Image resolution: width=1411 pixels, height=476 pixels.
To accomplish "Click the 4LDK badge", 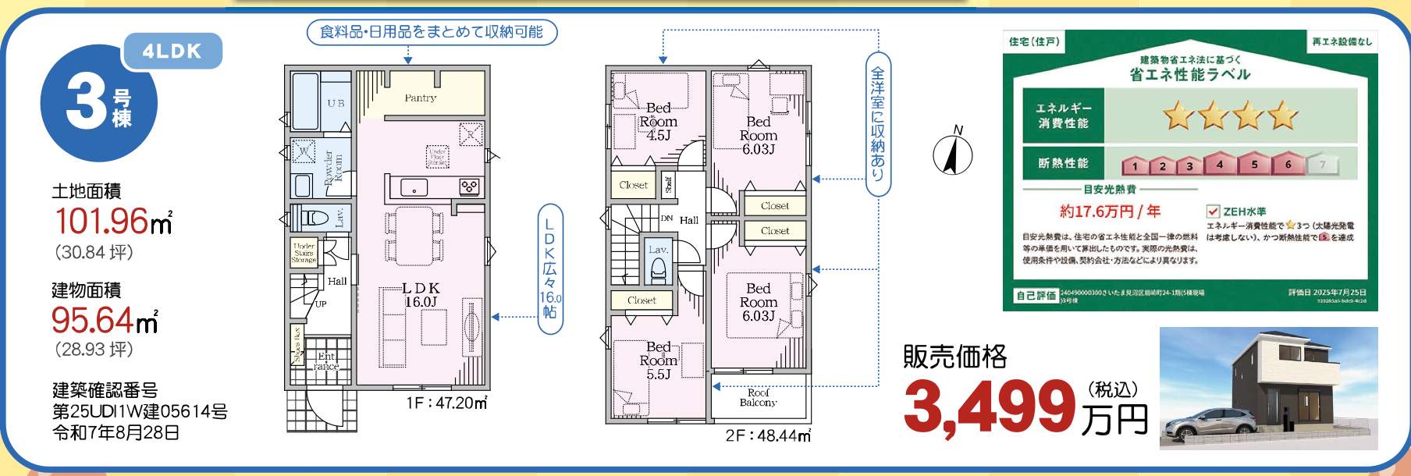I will (172, 52).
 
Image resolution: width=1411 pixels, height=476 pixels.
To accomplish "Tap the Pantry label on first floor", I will (420, 98).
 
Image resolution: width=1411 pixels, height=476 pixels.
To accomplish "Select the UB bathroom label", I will (336, 103).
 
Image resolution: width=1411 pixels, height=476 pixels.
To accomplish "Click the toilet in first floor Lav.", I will (315, 218).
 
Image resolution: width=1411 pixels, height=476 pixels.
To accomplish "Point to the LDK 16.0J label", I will (421, 295).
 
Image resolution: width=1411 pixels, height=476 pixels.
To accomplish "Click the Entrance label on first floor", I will (326, 361).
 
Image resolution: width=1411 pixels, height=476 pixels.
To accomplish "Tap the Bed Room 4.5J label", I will (658, 122).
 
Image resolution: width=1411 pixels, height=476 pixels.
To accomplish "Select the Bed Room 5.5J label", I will (658, 360).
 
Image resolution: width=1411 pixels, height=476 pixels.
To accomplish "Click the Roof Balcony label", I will (758, 398).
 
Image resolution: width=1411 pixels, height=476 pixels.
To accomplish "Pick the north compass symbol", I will (952, 152).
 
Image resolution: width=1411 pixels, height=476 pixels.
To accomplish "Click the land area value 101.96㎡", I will (112, 222).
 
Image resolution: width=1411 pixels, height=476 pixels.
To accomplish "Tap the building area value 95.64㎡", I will (105, 320).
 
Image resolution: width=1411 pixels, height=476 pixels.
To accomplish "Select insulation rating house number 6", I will (1288, 164).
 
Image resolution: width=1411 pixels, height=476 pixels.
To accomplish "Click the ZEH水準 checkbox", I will (1213, 211).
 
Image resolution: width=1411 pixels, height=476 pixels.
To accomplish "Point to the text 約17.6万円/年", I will (1110, 211).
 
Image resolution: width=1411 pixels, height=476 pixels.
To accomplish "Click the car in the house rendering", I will (1203, 425).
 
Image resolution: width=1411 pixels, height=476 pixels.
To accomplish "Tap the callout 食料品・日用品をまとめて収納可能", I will (432, 32).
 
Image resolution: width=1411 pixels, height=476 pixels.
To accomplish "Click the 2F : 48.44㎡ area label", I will (768, 435).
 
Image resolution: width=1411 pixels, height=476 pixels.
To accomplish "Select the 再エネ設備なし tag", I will (1341, 41).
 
